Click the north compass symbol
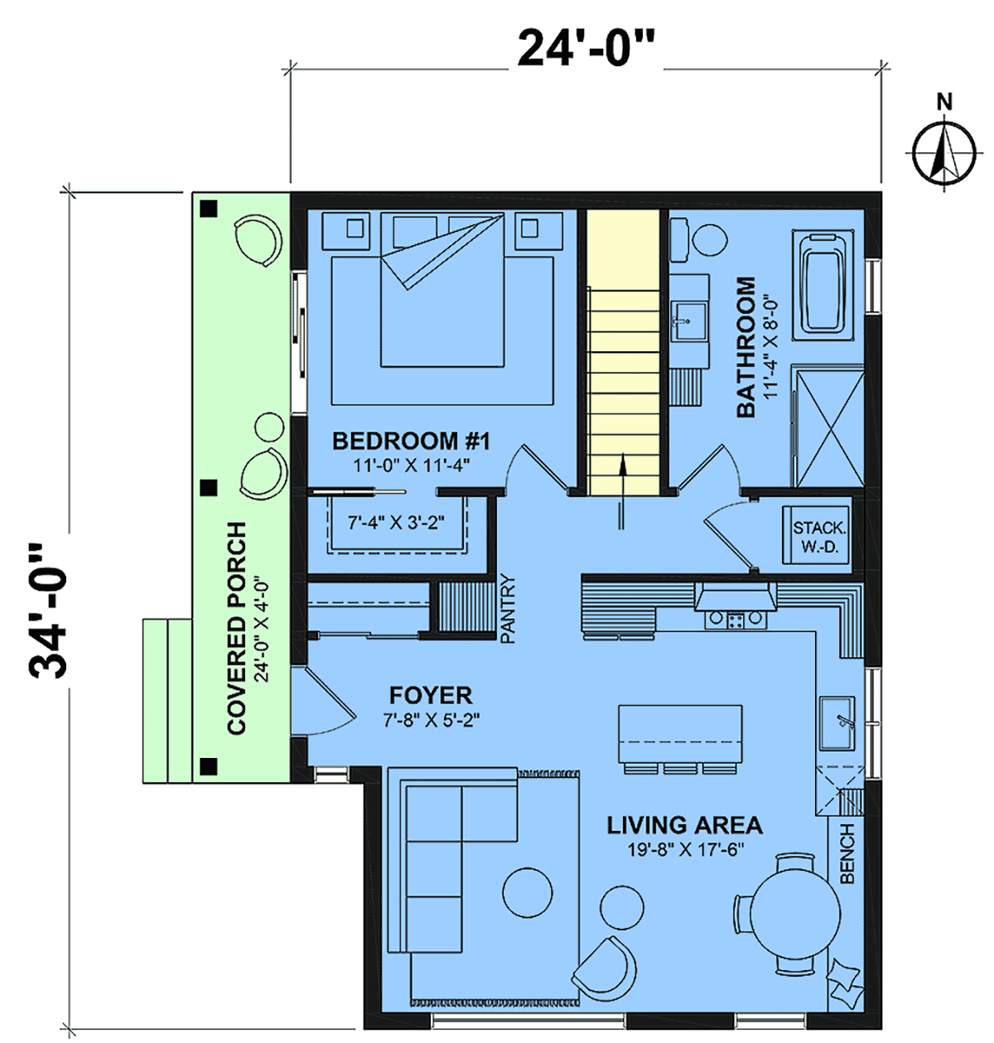pyautogui.click(x=943, y=152)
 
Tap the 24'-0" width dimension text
pyautogui.click(x=586, y=49)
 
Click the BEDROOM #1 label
pyautogui.click(x=411, y=441)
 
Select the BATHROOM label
pyautogui.click(x=745, y=347)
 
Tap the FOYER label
pyautogui.click(x=430, y=695)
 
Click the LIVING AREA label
pyautogui.click(x=684, y=825)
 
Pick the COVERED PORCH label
pyautogui.click(x=237, y=629)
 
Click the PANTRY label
pyautogui.click(x=508, y=609)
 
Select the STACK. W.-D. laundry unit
pyautogui.click(x=816, y=535)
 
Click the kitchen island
pyautogui.click(x=681, y=734)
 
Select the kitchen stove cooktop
pyautogui.click(x=736, y=619)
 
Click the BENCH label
pyautogui.click(x=847, y=853)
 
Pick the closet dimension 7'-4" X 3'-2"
pyautogui.click(x=396, y=523)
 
